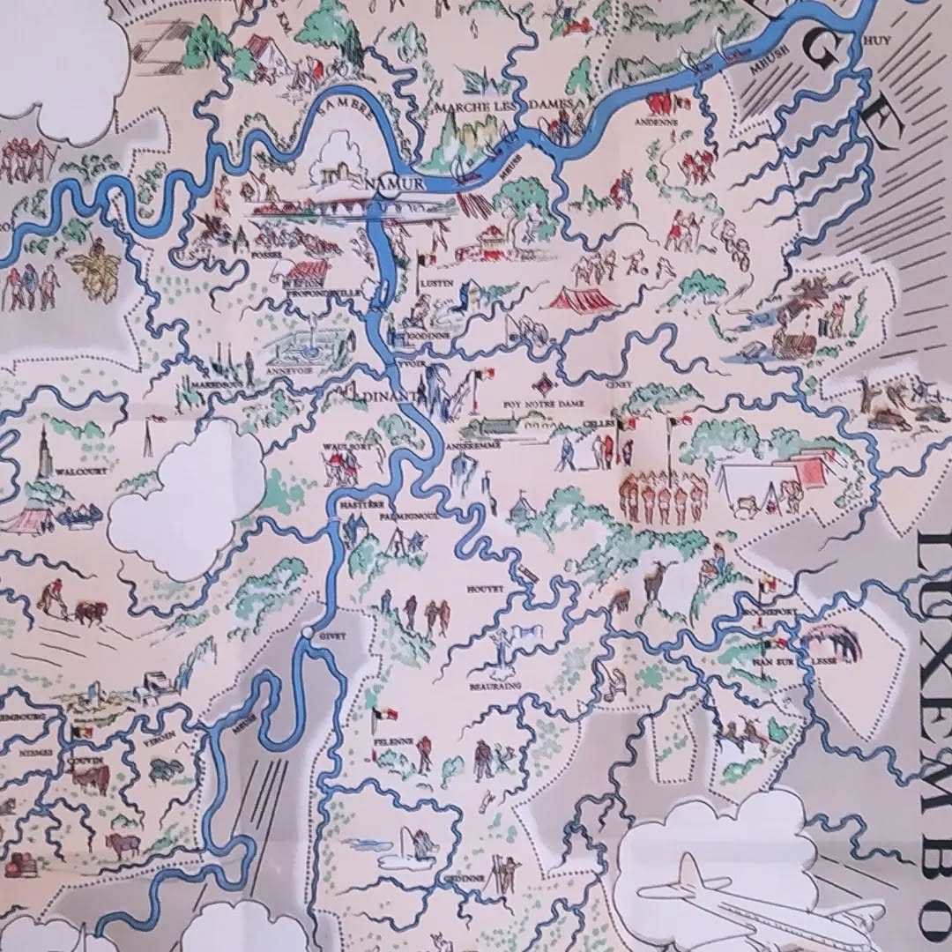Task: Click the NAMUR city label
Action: tap(394, 182)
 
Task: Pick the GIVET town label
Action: tap(333, 635)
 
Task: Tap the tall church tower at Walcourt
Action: tap(42, 450)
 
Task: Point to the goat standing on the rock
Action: tap(654, 582)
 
